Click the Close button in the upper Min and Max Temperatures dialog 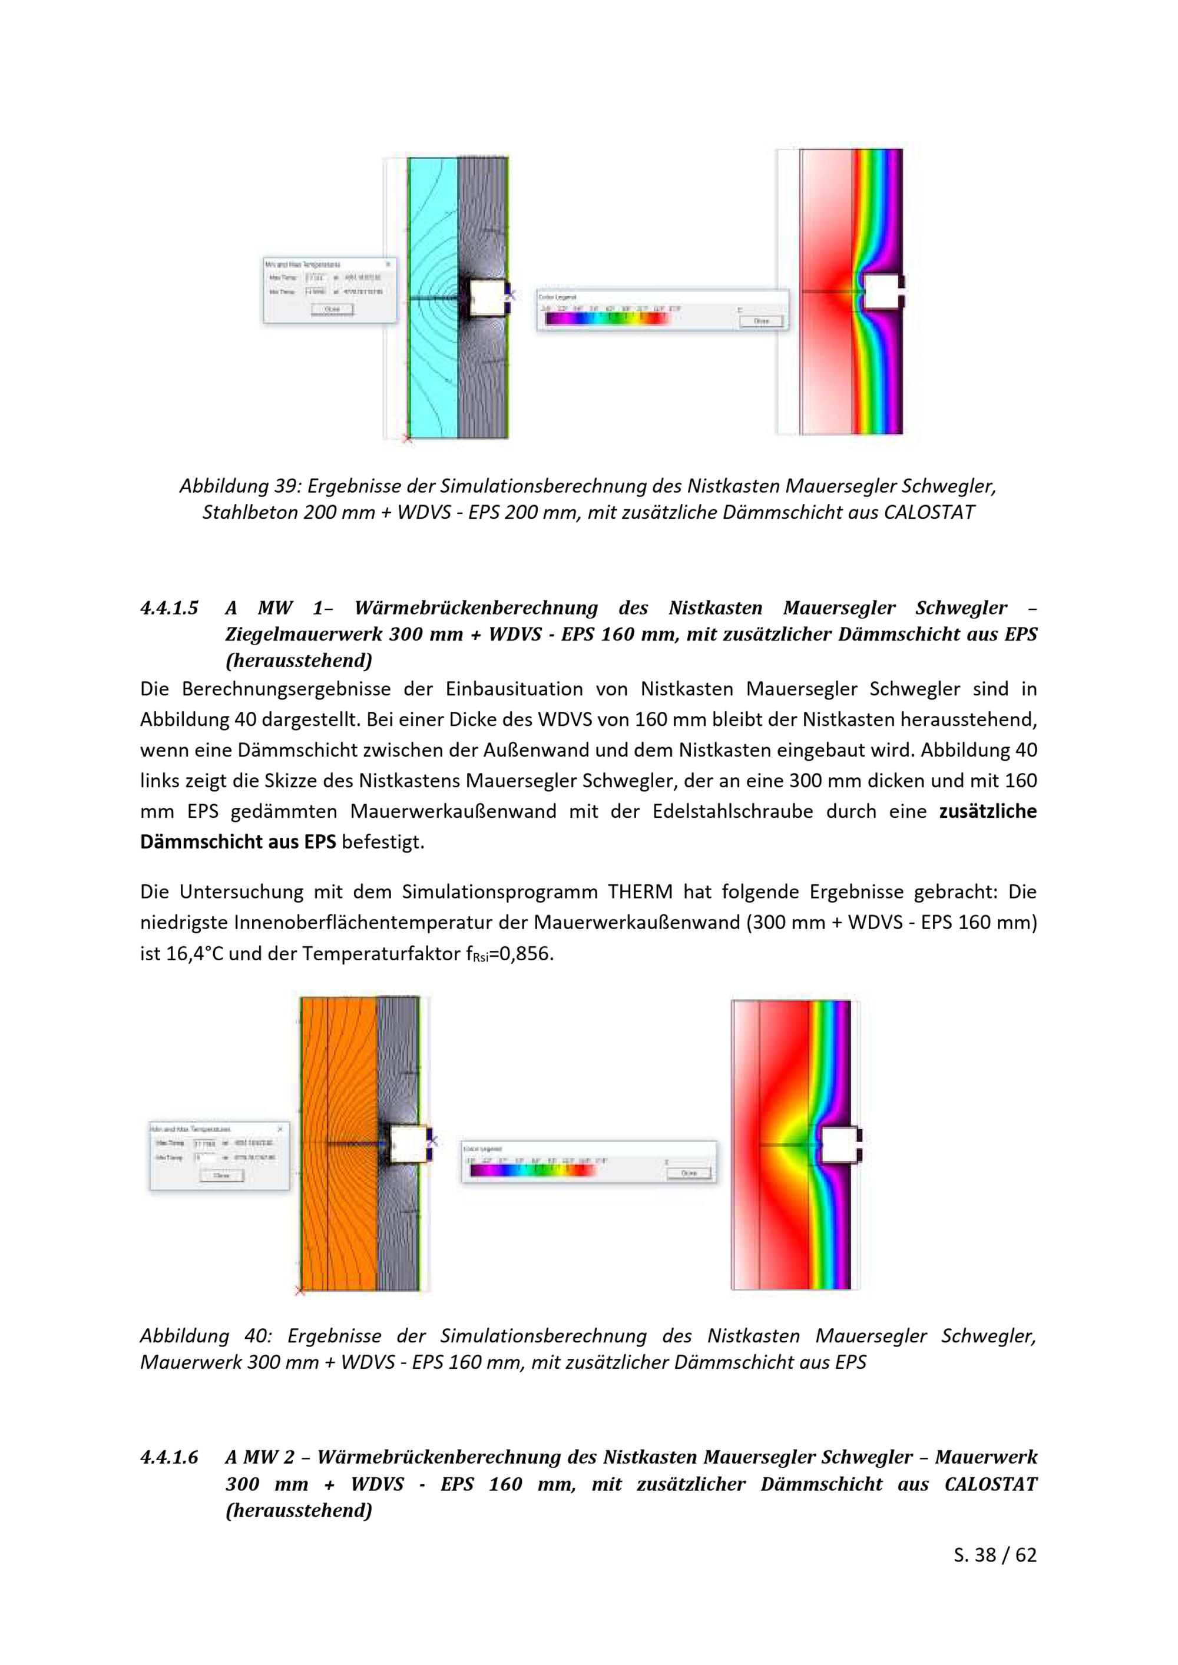[x=332, y=309]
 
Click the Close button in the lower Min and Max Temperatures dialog [x=221, y=1176]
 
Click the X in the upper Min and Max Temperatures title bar [x=388, y=265]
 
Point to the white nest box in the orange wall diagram [x=408, y=1145]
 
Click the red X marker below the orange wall [x=300, y=1290]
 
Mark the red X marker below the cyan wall [x=407, y=438]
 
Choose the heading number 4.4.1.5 [x=169, y=608]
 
